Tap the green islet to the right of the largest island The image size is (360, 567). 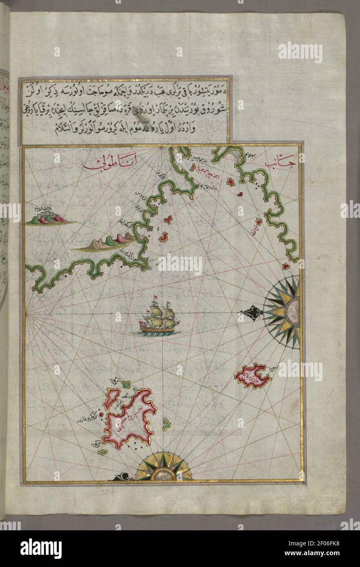click(x=167, y=426)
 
